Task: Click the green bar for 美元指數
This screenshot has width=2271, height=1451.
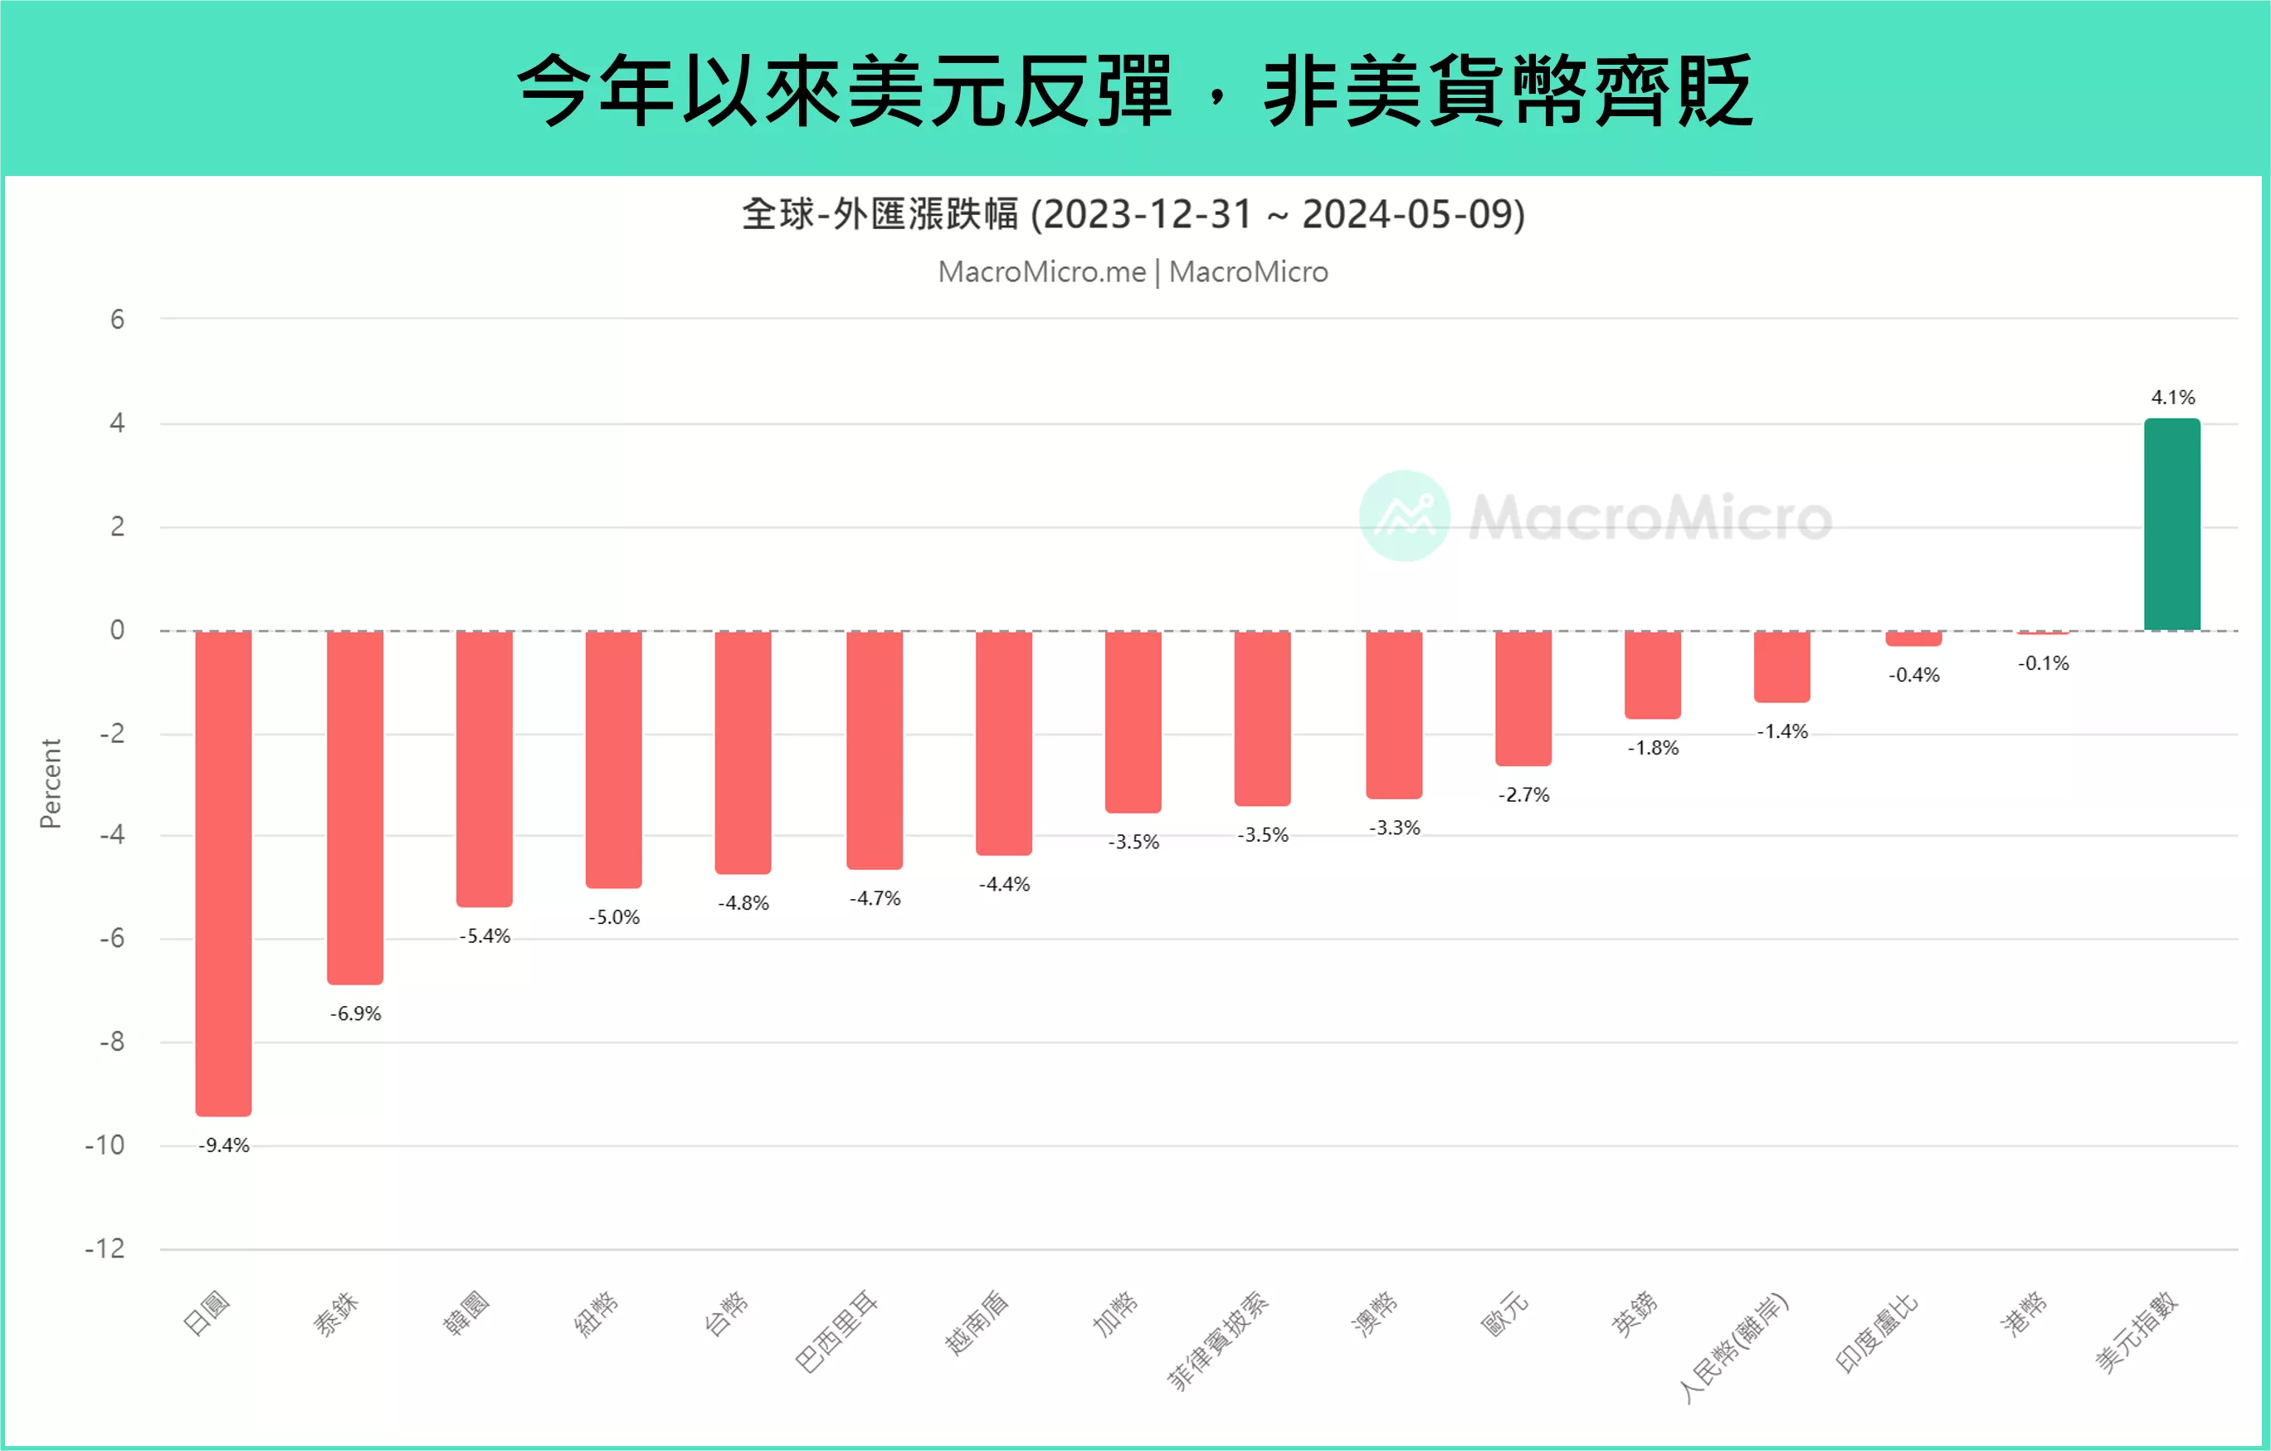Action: pos(2171,525)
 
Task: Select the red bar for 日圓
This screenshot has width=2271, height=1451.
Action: pos(223,872)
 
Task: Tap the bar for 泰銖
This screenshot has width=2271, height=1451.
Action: pos(354,807)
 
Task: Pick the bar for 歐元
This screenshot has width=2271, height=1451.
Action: pos(1523,698)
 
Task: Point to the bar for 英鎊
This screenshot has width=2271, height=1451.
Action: pos(1652,675)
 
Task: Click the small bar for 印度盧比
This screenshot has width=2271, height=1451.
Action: pos(1913,638)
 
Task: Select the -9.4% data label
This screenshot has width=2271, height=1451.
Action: pos(223,1146)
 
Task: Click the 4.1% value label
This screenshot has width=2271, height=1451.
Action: pos(2173,397)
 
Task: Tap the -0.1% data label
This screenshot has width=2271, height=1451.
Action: pos(2043,663)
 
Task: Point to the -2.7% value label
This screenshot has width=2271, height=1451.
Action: pos(1523,795)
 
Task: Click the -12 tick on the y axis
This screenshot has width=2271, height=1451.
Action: pos(105,1249)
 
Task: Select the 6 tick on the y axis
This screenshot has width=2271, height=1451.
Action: pos(117,319)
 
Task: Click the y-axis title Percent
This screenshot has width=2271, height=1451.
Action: pos(50,783)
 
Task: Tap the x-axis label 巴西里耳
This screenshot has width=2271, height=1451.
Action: pos(836,1331)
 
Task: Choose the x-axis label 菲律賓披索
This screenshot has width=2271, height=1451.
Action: pos(1217,1341)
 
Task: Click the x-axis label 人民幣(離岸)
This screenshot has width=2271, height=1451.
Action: pos(1732,1346)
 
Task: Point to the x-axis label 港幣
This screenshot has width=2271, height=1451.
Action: pos(2024,1313)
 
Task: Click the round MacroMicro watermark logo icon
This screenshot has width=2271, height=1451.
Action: pos(1404,516)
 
